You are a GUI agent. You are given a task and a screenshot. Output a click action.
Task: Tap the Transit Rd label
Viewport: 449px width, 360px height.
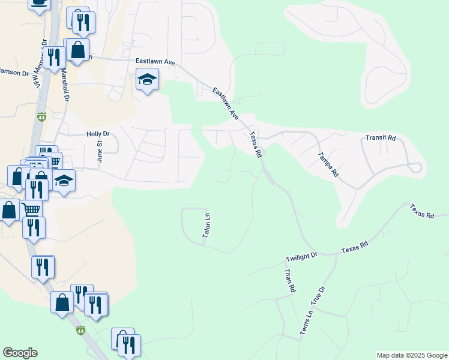tap(381, 138)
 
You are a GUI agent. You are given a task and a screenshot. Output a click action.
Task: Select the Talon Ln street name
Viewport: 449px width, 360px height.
tap(206, 226)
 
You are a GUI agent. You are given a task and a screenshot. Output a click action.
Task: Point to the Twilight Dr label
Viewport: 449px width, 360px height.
tap(301, 256)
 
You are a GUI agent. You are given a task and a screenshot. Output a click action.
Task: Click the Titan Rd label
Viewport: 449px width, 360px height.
tap(289, 280)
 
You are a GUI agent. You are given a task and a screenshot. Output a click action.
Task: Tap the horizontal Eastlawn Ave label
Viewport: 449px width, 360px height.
tap(155, 61)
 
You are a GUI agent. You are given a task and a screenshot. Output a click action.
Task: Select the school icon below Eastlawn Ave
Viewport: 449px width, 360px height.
tap(147, 79)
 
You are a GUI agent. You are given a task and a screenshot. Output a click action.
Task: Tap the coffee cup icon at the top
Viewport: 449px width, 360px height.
tap(39, 4)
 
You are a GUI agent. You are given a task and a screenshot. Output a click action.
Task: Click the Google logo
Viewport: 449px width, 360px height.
tap(20, 353)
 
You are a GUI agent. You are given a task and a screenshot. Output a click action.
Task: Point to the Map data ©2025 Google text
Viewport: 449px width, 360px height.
tap(412, 355)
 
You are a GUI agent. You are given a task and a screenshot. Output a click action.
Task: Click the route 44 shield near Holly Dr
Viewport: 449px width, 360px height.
tap(41, 116)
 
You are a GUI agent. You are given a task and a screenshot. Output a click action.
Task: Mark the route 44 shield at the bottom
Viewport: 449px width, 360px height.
tap(81, 331)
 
